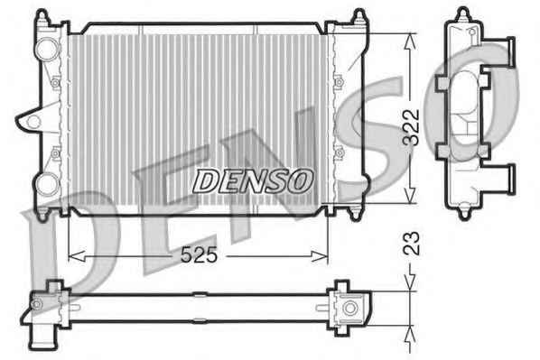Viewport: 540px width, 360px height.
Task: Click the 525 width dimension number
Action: [199, 255]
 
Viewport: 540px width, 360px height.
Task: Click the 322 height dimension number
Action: [412, 127]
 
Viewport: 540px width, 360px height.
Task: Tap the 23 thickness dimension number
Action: [412, 244]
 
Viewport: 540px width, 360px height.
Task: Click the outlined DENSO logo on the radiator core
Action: [253, 180]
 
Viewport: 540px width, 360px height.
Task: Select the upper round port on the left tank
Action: [48, 50]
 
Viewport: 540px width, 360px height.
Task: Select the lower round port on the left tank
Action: [48, 185]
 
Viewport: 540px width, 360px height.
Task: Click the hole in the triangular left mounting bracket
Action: [33, 121]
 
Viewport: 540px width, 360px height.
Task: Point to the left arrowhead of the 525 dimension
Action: [77, 256]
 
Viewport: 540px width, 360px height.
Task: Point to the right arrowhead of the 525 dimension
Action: [320, 256]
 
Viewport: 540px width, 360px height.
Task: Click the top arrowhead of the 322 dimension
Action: [409, 42]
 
